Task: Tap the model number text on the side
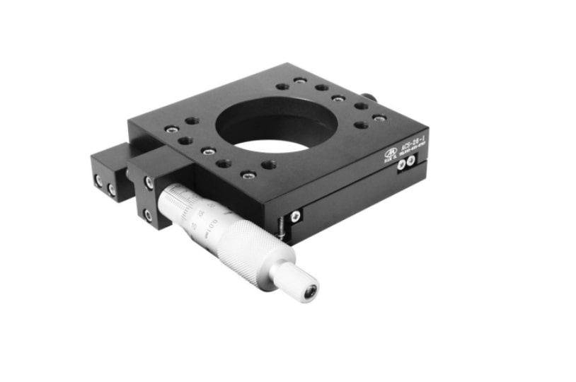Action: click(x=412, y=147)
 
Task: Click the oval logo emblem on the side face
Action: click(x=390, y=153)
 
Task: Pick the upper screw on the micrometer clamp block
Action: click(x=149, y=183)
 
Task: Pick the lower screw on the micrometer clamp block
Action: click(x=148, y=214)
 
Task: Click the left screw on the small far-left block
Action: click(x=99, y=181)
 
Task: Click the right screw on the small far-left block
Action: click(x=111, y=190)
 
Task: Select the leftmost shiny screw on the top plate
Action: click(x=170, y=129)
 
